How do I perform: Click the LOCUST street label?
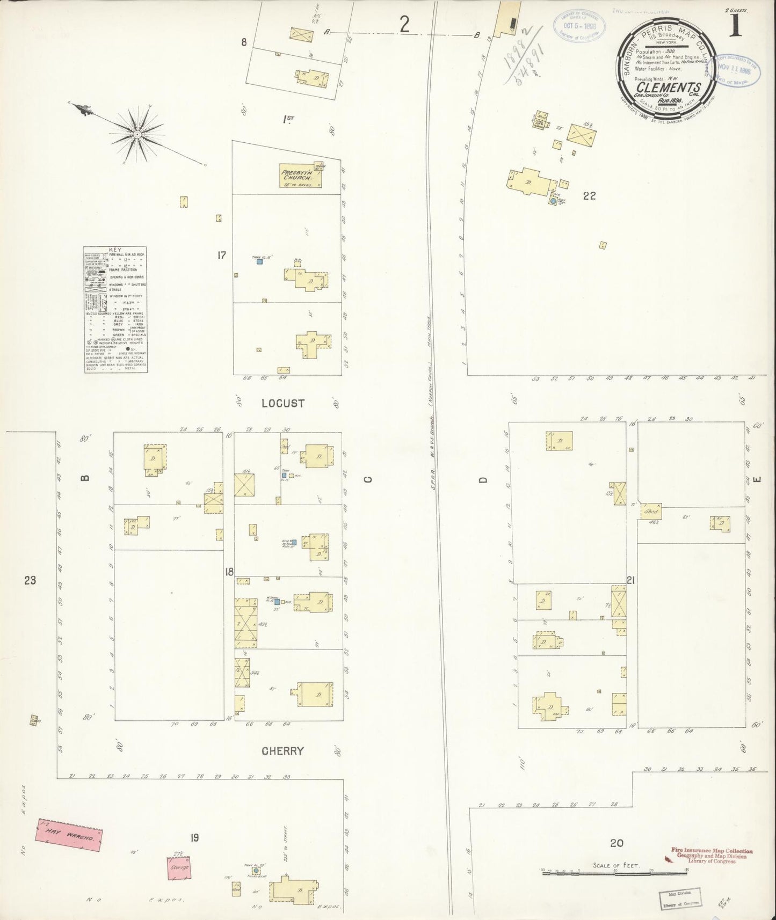point(283,403)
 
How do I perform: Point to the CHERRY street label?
point(282,751)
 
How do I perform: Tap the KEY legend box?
point(115,310)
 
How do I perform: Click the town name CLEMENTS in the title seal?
point(668,87)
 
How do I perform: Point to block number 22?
point(589,196)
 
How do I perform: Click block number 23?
point(30,580)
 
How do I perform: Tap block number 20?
point(617,843)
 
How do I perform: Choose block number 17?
point(222,255)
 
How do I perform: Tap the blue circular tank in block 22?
point(553,201)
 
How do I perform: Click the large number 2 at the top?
point(404,25)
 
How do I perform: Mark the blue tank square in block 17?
point(259,262)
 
